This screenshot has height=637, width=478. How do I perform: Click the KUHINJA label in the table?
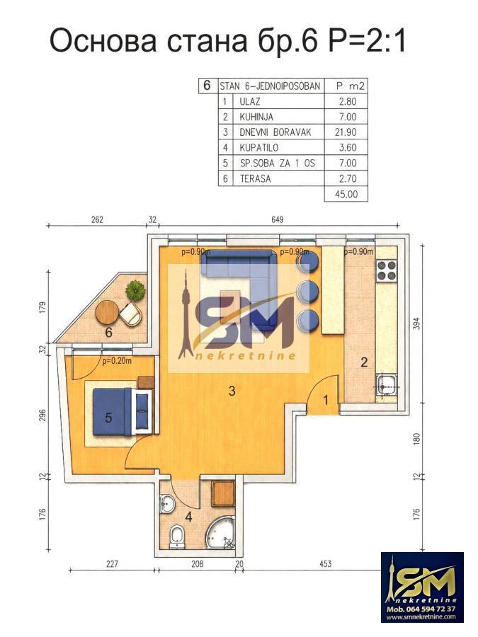(256, 117)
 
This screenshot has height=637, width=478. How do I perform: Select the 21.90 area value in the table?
(348, 132)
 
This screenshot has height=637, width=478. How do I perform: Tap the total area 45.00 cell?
(346, 194)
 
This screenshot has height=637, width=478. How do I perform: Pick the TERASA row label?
(255, 179)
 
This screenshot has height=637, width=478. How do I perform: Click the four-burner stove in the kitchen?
(387, 270)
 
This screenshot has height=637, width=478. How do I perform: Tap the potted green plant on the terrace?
(135, 290)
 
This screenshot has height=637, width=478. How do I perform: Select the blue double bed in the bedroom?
(123, 412)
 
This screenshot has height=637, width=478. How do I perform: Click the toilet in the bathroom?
(177, 536)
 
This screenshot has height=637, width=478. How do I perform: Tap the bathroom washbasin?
(166, 504)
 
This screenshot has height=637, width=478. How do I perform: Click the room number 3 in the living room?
(232, 391)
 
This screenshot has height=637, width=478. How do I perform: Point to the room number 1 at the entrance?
(326, 401)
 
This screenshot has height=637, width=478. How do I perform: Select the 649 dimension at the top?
(277, 220)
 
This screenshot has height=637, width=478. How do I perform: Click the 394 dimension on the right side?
(416, 323)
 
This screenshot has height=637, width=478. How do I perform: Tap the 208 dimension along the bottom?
(197, 564)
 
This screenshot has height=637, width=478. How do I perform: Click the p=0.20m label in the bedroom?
(117, 361)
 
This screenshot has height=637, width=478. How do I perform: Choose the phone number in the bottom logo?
(421, 609)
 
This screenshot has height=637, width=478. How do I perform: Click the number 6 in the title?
(309, 40)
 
